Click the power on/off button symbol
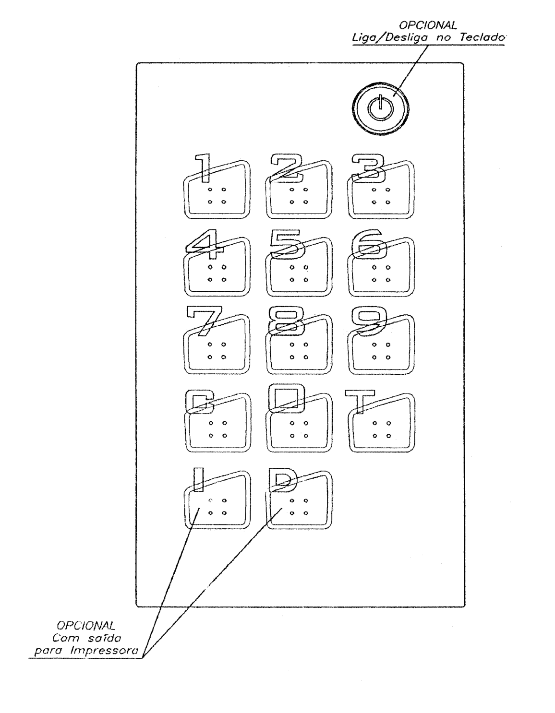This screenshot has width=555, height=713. pyautogui.click(x=380, y=108)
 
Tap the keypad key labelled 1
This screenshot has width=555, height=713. pyautogui.click(x=217, y=190)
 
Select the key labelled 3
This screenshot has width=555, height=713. pyautogui.click(x=381, y=190)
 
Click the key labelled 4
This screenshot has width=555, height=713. pyautogui.click(x=217, y=267)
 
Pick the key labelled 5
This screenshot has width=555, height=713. pyautogui.click(x=299, y=267)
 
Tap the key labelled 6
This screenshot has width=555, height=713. pyautogui.click(x=381, y=267)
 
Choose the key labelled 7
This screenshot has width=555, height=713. pyautogui.click(x=217, y=344)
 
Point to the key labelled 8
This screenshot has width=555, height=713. pyautogui.click(x=299, y=344)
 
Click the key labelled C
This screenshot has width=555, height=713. pyautogui.click(x=217, y=423)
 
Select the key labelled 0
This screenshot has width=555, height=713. pyautogui.click(x=299, y=423)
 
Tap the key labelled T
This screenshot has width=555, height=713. pyautogui.click(x=381, y=423)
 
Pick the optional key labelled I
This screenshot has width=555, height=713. pyautogui.click(x=217, y=500)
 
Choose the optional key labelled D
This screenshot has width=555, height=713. pyautogui.click(x=299, y=500)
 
